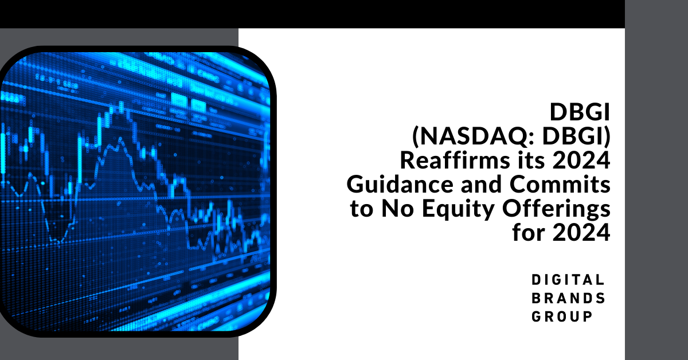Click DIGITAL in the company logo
pos(568,280)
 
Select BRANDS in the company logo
pos(568,298)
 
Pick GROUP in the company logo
pos(562,316)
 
